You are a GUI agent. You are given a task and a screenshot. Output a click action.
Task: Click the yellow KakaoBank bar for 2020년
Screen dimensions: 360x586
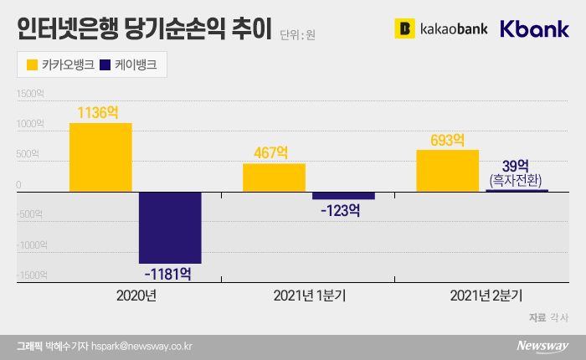[x=100, y=157]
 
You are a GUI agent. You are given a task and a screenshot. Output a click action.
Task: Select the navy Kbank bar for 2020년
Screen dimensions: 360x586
[x=170, y=227]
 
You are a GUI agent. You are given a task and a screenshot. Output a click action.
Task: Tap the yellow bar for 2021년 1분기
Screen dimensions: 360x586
[x=274, y=177]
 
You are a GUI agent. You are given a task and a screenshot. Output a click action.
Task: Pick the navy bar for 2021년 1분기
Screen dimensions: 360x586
[x=343, y=196]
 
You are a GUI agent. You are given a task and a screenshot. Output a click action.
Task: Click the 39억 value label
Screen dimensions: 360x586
[x=517, y=165]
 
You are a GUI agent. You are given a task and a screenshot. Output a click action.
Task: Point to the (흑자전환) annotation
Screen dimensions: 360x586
[x=517, y=180]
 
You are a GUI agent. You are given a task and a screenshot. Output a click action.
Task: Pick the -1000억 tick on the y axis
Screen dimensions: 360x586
[x=32, y=244]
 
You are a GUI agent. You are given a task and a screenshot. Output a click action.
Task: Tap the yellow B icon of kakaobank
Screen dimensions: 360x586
[x=405, y=29]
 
